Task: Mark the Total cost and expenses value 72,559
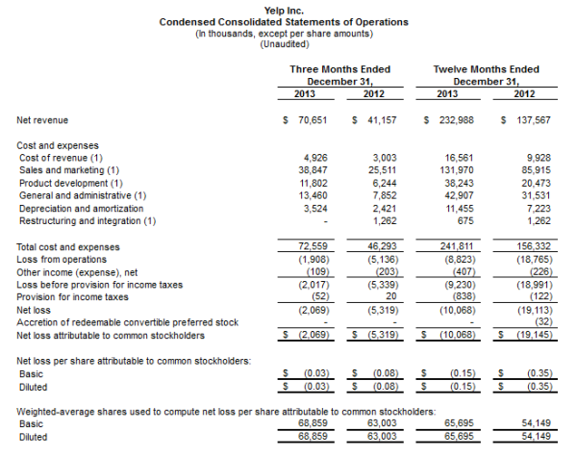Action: pyautogui.click(x=314, y=247)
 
